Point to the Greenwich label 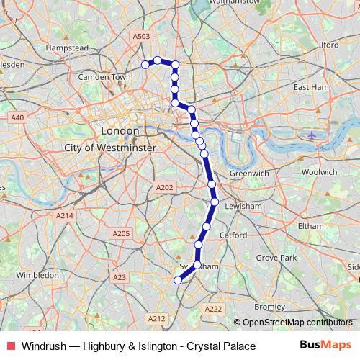pyautogui.click(x=248, y=174)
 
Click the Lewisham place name pyautogui.click(x=243, y=206)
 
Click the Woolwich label pyautogui.click(x=318, y=172)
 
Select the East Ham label pyautogui.click(x=311, y=87)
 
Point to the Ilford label pyautogui.click(x=328, y=45)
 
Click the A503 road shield pyautogui.click(x=141, y=36)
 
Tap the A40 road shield pyautogui.click(x=17, y=117)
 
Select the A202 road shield pyautogui.click(x=165, y=187)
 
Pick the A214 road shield pyautogui.click(x=65, y=215)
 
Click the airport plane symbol pyautogui.click(x=311, y=135)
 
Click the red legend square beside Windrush pyautogui.click(x=10, y=346)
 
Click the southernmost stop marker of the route pyautogui.click(x=179, y=280)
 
